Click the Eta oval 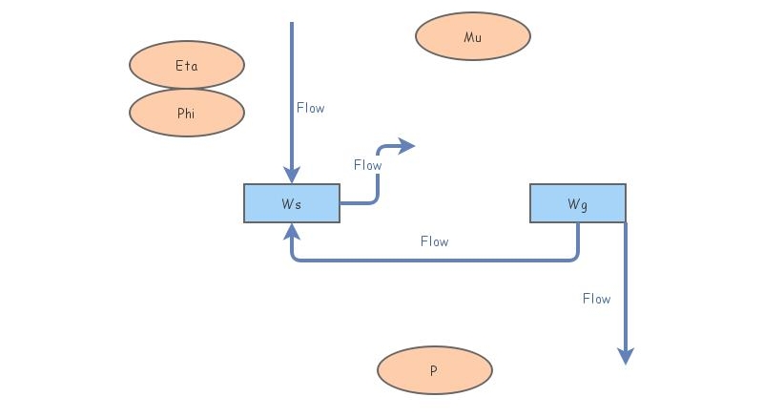point(187,65)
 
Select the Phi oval point(187,113)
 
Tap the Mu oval point(473,36)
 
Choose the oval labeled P point(435,370)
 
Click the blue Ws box point(292,203)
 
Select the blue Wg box point(578,203)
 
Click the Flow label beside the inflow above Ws point(311,108)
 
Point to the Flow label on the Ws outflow point(367,165)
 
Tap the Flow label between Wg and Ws point(434,241)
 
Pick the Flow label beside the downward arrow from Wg point(597,299)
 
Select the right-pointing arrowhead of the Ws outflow point(408,146)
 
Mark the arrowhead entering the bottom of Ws point(292,231)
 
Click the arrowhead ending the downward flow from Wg point(626,356)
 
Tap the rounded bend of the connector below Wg point(574,257)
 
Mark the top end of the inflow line point(292,24)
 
